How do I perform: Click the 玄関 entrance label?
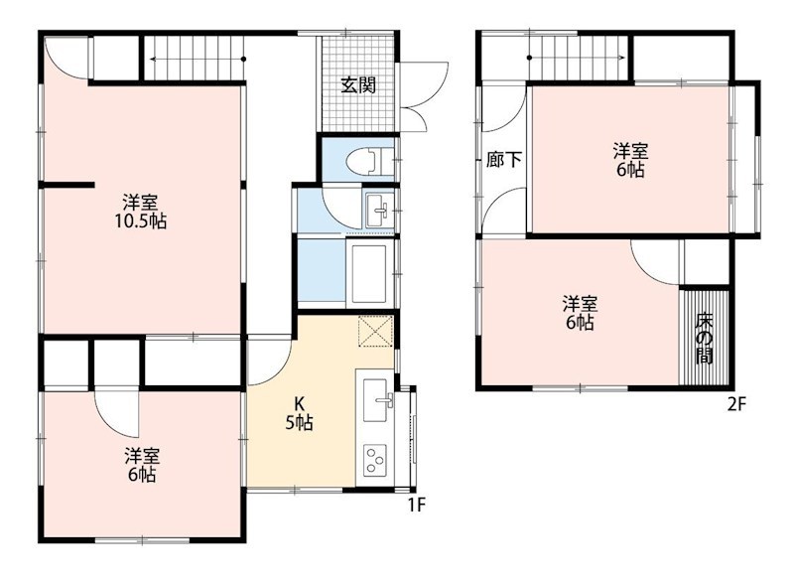tap(358, 85)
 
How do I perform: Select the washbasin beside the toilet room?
tap(376, 210)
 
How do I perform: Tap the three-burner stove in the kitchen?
tap(376, 460)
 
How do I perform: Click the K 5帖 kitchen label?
tap(300, 413)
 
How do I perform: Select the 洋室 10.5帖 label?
tap(140, 212)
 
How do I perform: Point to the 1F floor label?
tap(417, 505)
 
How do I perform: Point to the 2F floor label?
tap(736, 404)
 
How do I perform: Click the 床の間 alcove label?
tap(704, 339)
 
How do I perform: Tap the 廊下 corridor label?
tap(504, 160)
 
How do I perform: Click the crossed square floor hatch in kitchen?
tap(376, 332)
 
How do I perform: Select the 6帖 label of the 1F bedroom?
tap(141, 475)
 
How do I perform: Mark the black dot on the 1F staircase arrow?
tap(243, 60)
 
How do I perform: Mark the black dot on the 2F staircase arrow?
tap(529, 58)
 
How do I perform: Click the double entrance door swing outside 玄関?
tap(423, 96)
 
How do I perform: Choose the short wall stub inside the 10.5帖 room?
tap(67, 185)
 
